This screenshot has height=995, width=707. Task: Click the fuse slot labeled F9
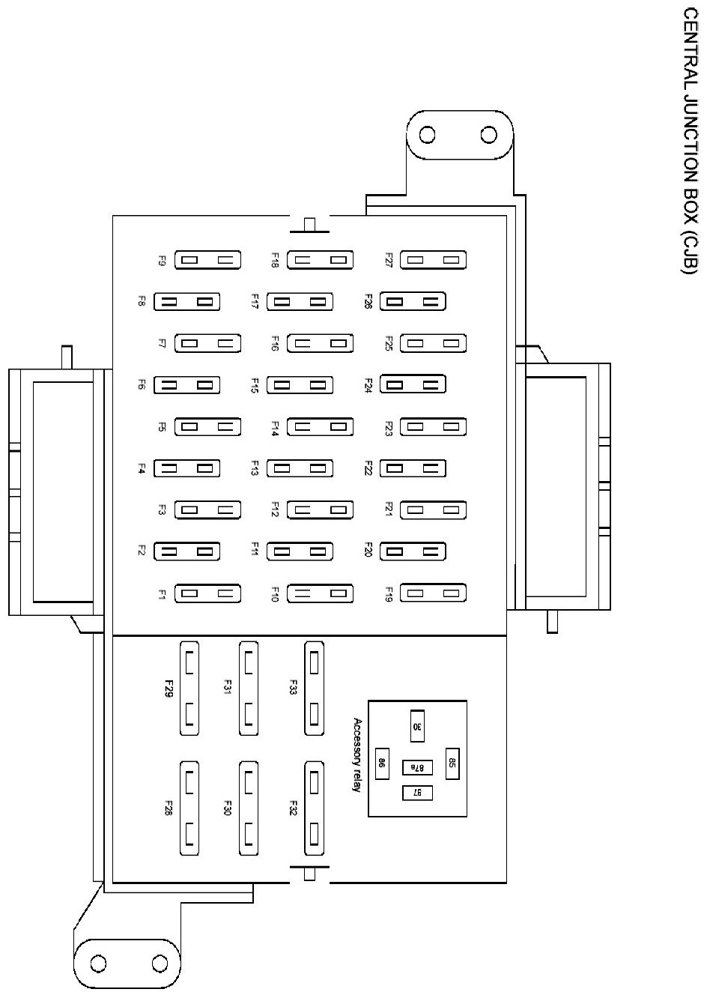207,260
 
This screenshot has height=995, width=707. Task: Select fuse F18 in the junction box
321,260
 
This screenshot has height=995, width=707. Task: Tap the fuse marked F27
434,260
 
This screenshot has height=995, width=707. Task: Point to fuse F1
207,594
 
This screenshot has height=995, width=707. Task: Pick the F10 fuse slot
321,594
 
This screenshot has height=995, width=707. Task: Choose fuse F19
434,594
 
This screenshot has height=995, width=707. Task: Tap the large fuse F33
315,688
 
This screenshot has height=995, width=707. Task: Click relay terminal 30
417,726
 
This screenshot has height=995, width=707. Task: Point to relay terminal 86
382,764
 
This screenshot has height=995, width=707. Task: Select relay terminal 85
452,763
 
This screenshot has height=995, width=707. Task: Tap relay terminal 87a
417,768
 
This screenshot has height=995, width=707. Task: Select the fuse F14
321,427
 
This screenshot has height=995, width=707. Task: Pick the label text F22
368,469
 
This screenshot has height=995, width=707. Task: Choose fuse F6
187,385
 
